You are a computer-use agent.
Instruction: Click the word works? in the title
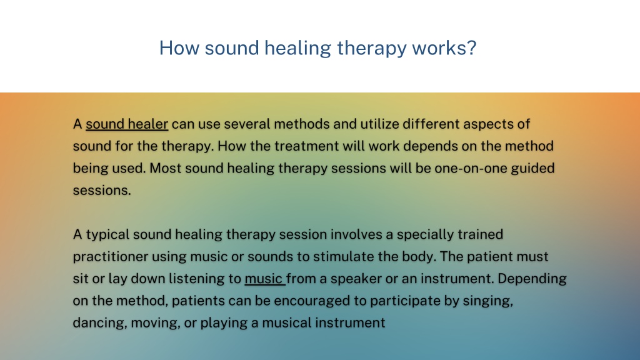(444, 47)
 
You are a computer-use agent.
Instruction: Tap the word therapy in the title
(371, 49)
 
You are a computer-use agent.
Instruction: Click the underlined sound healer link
(126, 124)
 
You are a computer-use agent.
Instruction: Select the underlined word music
(264, 278)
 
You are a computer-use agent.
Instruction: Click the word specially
(425, 235)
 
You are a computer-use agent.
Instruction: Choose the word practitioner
(111, 257)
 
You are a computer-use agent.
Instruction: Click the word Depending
(532, 279)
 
